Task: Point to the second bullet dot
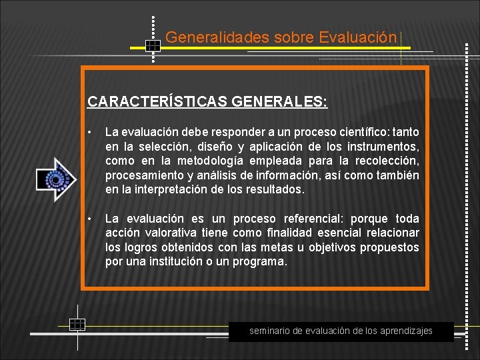(x=91, y=219)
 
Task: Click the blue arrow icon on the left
(x=56, y=179)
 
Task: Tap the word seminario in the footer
(x=271, y=331)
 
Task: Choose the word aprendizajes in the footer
(x=405, y=331)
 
